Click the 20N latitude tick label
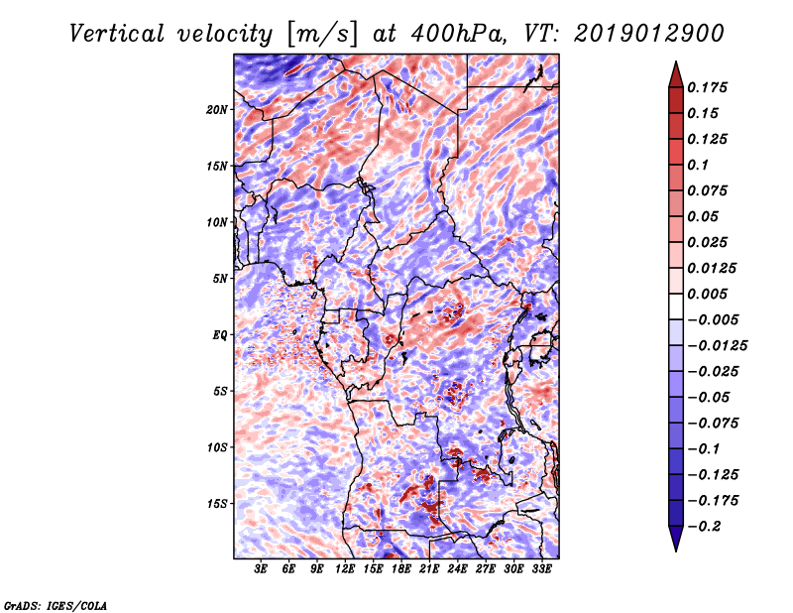coord(217,109)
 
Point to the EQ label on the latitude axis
coord(221,335)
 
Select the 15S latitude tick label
coord(217,504)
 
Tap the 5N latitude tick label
coord(220,279)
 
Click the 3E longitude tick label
coord(262,569)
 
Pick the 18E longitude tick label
coord(401,569)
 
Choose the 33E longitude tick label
coord(541,569)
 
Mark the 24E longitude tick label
coord(457,569)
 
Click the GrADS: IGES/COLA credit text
coord(55,604)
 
